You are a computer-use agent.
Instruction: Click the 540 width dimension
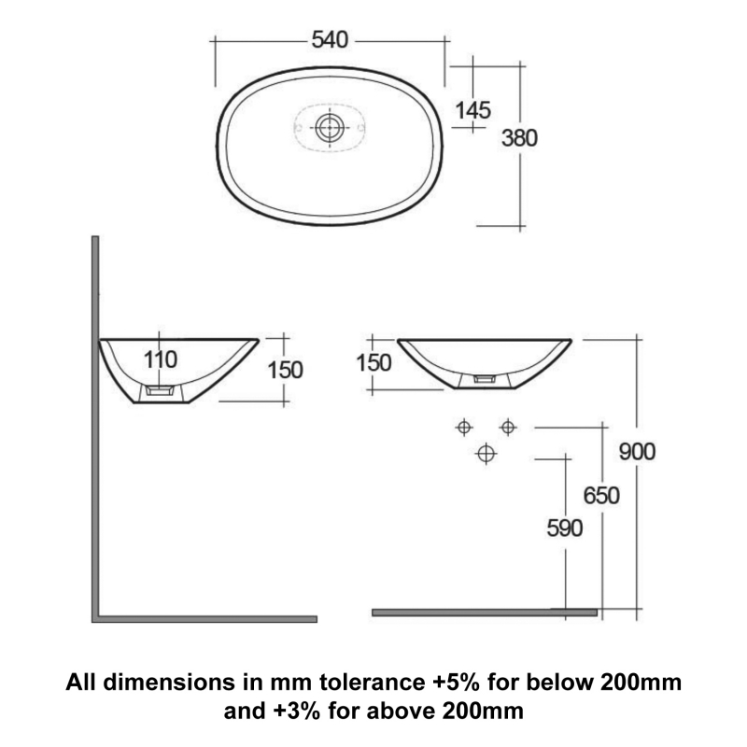tap(329, 40)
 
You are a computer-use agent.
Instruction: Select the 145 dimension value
tap(472, 109)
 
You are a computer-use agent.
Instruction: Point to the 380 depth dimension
tap(519, 138)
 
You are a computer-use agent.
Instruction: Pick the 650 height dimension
tap(601, 495)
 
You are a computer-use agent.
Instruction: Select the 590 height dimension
tap(564, 529)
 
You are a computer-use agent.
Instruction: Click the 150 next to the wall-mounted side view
tap(285, 370)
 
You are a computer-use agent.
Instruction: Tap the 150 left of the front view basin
tap(373, 363)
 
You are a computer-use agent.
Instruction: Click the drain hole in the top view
tap(329, 127)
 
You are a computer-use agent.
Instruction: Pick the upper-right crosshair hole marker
tap(507, 427)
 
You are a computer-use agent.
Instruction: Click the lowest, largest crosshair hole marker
tap(485, 454)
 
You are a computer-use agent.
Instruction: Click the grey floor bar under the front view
tap(484, 613)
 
